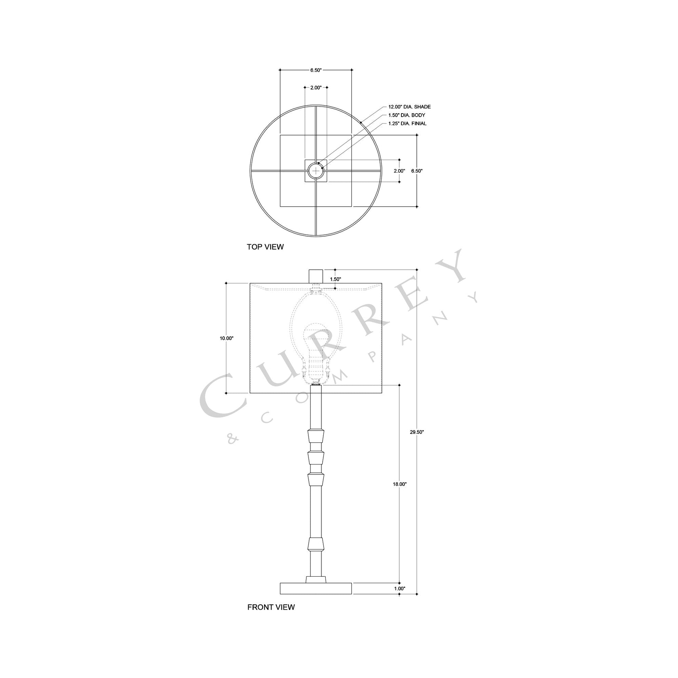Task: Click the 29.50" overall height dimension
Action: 417,432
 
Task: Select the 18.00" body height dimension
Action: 399,484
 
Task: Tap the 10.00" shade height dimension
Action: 226,338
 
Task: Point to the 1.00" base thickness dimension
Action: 399,588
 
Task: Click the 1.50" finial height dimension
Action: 335,279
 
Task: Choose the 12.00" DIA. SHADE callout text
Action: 409,107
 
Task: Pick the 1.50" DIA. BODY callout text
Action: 406,115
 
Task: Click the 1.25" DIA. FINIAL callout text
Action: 407,124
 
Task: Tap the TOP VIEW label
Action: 265,247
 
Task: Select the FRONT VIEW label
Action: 271,607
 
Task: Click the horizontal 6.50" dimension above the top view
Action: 316,70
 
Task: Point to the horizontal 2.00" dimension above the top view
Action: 316,88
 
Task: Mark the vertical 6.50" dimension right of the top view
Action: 417,171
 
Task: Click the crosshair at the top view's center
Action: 316,171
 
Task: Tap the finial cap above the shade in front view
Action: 316,276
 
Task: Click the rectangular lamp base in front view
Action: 316,588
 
